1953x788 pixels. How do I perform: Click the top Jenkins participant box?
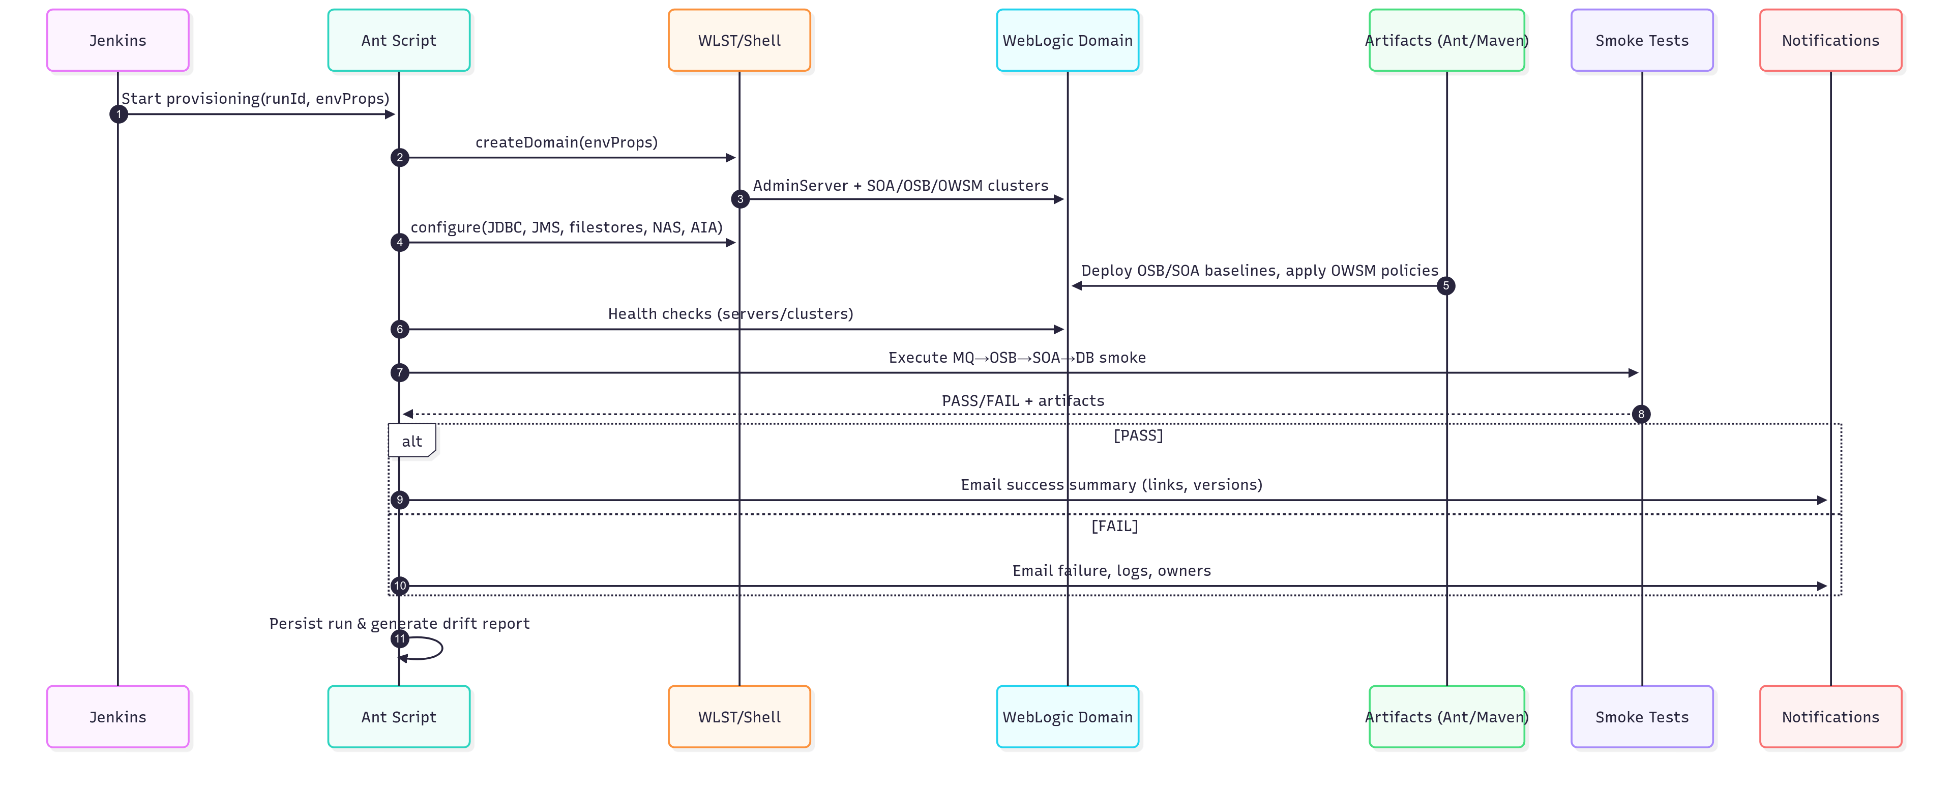pos(117,40)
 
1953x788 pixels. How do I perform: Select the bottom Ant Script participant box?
pos(399,717)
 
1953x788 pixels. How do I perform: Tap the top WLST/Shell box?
pos(739,40)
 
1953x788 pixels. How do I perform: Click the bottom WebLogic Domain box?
pos(1068,717)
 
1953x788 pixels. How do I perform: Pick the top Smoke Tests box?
pos(1642,40)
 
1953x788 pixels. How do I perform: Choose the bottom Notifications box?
pos(1831,717)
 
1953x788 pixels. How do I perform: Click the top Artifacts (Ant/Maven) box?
pos(1446,40)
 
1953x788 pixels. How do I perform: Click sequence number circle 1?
pos(119,114)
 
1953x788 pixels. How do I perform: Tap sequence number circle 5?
pos(1446,286)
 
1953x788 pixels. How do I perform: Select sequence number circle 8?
pos(1641,414)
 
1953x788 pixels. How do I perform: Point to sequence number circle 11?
pos(400,638)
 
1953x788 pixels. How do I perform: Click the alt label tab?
pos(411,441)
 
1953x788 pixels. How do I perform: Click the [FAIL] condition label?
pos(1114,526)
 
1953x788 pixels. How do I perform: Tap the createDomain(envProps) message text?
pos(567,142)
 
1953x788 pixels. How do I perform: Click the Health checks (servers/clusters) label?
pos(730,314)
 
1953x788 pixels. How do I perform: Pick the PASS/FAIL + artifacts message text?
pos(1023,400)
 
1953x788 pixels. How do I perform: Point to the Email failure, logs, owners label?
pos(1111,570)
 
